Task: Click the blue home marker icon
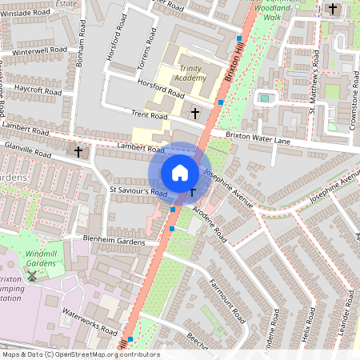[x=180, y=172]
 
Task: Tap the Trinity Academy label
[x=190, y=74]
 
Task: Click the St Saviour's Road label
[x=138, y=193]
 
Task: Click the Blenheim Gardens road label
[x=112, y=238]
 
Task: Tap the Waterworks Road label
[x=90, y=322]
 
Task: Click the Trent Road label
[x=150, y=116]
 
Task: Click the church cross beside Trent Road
[x=196, y=114]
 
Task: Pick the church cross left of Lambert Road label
[x=78, y=150]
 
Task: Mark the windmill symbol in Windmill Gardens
[x=32, y=276]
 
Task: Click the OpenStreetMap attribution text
[x=80, y=354]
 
